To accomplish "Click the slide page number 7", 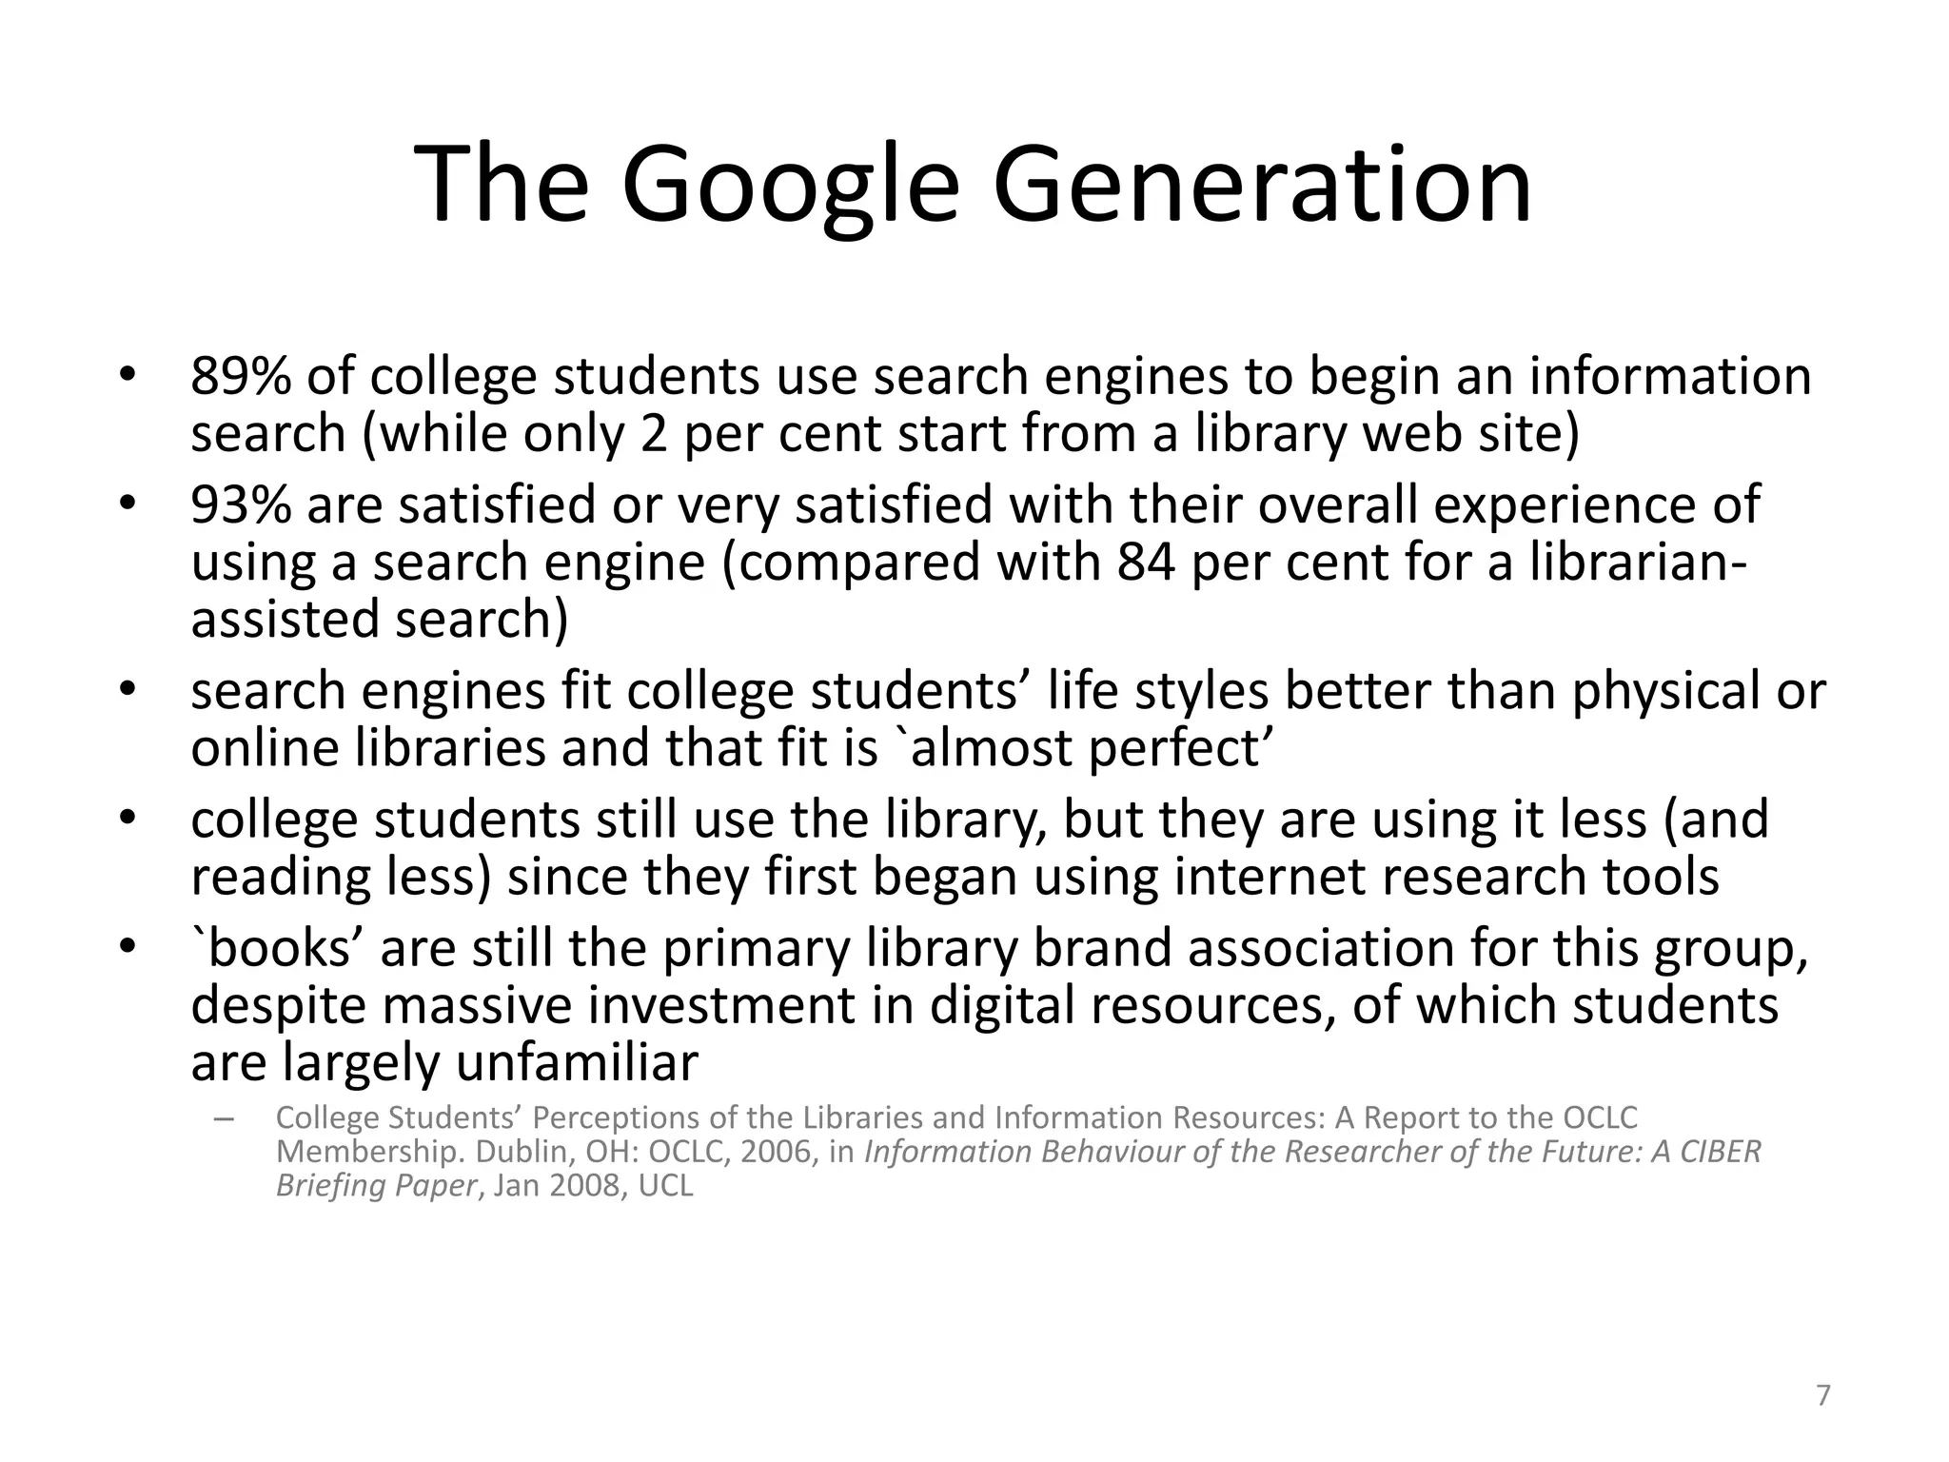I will click(1822, 1395).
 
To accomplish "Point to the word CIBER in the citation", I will click(1720, 1152).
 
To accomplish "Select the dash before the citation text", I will click(225, 1119).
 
